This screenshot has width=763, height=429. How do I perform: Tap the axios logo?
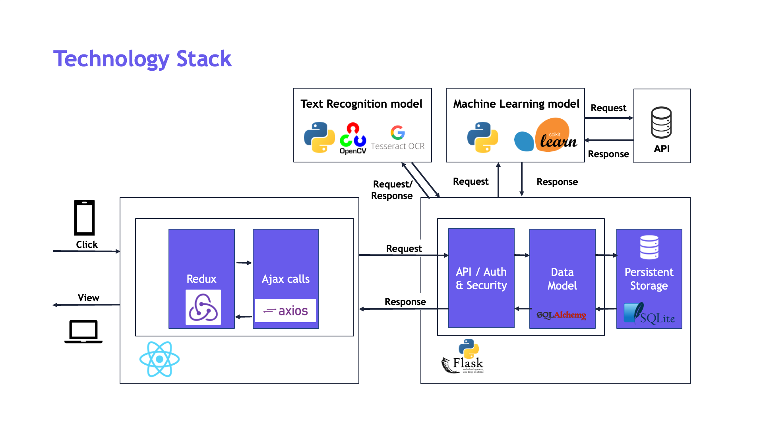click(x=285, y=311)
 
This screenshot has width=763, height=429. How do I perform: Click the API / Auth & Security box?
click(x=481, y=278)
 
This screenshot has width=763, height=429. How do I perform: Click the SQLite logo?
click(x=649, y=314)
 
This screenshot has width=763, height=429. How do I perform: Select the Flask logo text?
click(x=468, y=363)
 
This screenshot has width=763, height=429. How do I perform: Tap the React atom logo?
click(x=160, y=359)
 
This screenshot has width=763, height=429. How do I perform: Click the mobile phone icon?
click(x=84, y=218)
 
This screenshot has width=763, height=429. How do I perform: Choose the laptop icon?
click(x=83, y=331)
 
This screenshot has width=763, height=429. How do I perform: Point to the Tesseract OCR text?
click(x=397, y=146)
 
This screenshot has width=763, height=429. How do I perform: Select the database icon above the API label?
click(x=662, y=122)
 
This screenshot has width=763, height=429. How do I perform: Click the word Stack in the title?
click(x=204, y=59)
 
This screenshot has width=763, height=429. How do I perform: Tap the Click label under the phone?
click(x=87, y=245)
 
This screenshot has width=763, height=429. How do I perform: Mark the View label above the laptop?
click(x=88, y=298)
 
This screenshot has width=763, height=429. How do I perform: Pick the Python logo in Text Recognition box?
click(x=319, y=137)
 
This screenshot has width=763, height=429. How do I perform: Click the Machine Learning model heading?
click(x=516, y=104)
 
